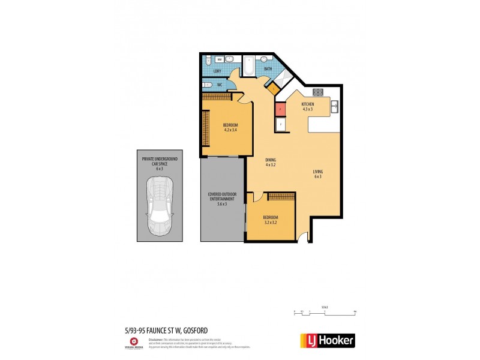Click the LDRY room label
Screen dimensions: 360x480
[x=217, y=71]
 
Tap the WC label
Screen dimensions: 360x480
[x=220, y=85]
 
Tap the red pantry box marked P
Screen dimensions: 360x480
[x=279, y=110]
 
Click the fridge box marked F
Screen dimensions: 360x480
[x=279, y=124]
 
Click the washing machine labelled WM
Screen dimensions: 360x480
[x=220, y=60]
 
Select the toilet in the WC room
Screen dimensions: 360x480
[x=207, y=85]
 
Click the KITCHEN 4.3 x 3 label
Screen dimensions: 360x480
[x=308, y=107]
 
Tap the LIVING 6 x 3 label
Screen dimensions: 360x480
[x=317, y=173]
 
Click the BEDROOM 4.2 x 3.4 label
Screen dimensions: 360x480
[x=231, y=127]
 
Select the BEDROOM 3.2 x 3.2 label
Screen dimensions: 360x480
[x=271, y=219]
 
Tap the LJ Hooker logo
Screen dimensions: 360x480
[x=327, y=340]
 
